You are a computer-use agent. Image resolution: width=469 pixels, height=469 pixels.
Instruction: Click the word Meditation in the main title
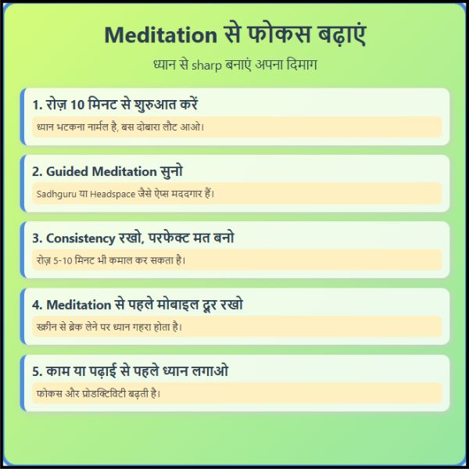click(160, 35)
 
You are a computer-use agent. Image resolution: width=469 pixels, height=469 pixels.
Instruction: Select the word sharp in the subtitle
click(206, 65)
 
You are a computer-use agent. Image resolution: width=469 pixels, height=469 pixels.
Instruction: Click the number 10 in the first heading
click(77, 105)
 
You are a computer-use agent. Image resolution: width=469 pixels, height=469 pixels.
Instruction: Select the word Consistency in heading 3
click(81, 238)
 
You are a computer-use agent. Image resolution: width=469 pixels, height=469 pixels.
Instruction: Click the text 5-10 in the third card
click(63, 261)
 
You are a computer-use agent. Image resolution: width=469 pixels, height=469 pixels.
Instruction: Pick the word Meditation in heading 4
click(79, 305)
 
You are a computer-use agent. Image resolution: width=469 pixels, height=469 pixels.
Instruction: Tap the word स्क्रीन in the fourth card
click(47, 327)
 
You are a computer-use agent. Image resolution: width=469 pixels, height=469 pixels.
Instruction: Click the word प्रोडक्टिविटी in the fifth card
click(104, 394)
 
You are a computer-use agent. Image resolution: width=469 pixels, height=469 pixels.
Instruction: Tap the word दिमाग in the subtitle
click(302, 65)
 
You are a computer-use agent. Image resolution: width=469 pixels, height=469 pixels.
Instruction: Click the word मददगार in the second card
click(184, 194)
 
